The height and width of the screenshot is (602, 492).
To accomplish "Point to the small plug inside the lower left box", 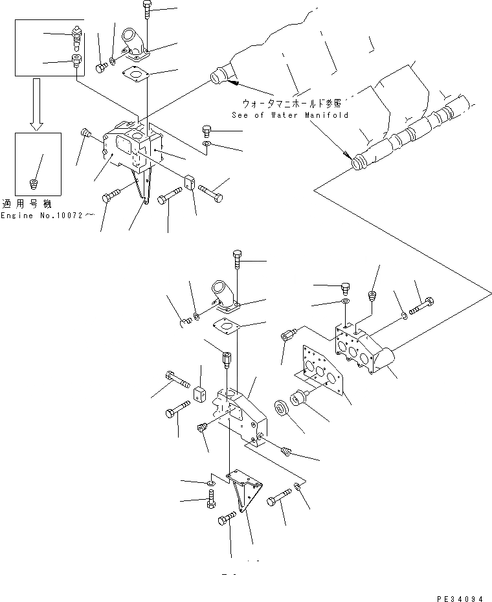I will pos(35,185).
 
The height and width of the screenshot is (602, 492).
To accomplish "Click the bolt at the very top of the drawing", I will pos(145,9).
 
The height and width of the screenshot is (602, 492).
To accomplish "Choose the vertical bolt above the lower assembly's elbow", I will pos(238,262).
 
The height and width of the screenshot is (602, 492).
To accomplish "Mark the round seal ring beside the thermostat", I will pos(282,410).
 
